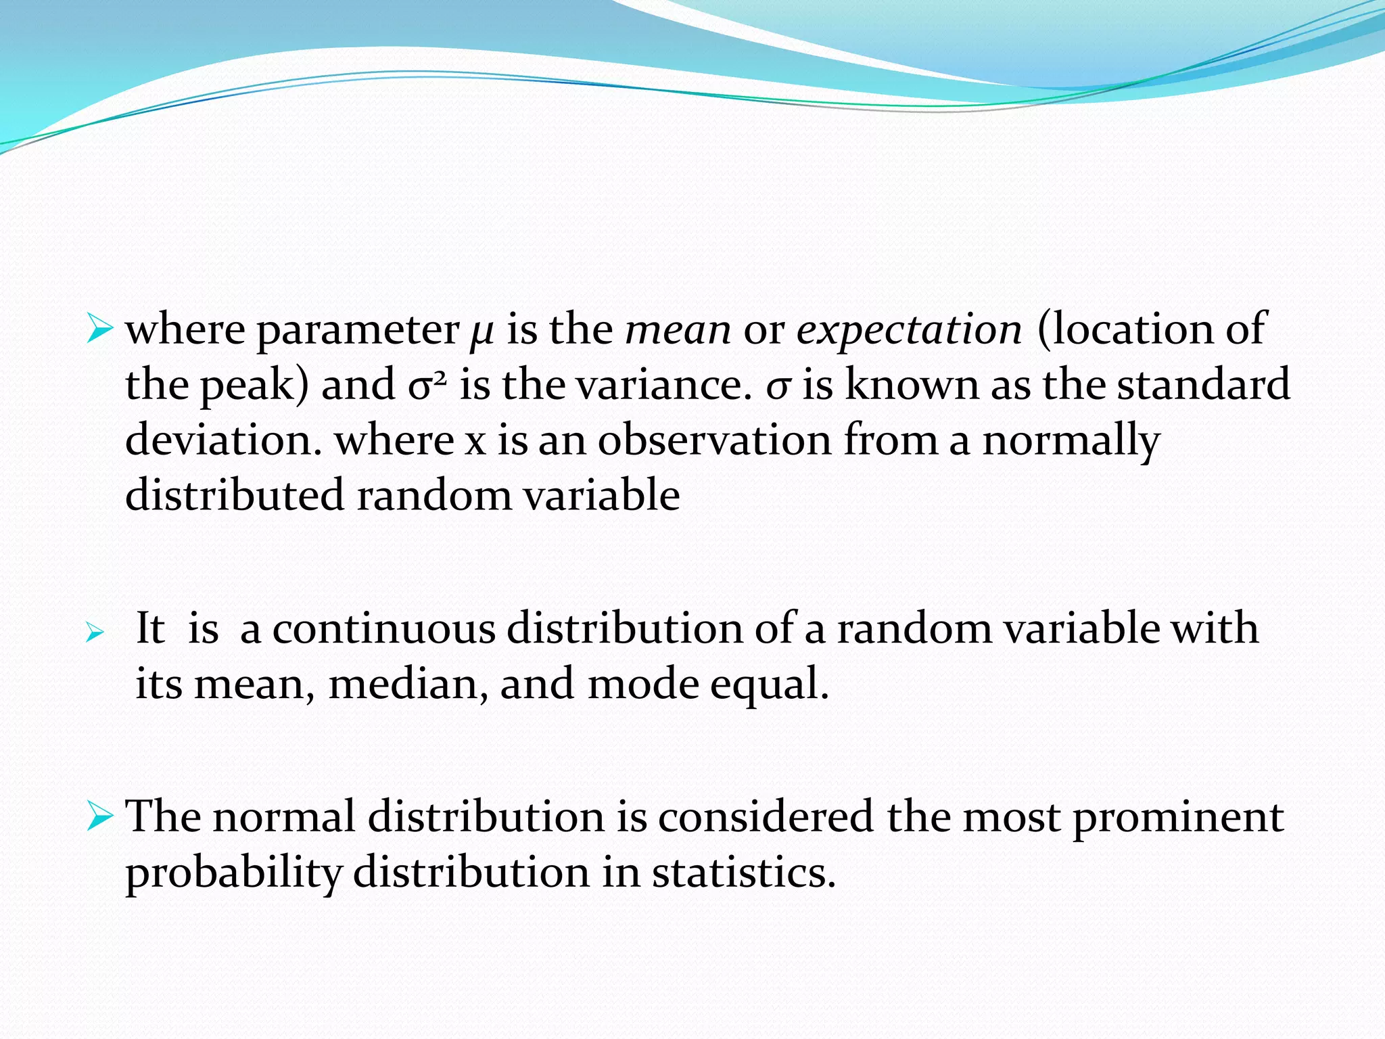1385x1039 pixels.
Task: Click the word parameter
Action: (x=358, y=331)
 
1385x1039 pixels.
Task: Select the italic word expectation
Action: (x=909, y=331)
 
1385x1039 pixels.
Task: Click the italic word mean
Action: (x=678, y=331)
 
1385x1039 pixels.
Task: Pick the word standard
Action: (x=1203, y=386)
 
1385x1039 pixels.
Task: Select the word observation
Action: (x=714, y=441)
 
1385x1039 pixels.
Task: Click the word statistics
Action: (x=744, y=873)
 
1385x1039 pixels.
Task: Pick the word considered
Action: (x=766, y=817)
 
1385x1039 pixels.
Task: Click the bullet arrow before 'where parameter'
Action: (x=99, y=331)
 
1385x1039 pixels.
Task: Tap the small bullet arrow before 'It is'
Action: (x=95, y=633)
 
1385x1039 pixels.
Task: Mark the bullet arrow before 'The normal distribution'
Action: (x=99, y=817)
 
